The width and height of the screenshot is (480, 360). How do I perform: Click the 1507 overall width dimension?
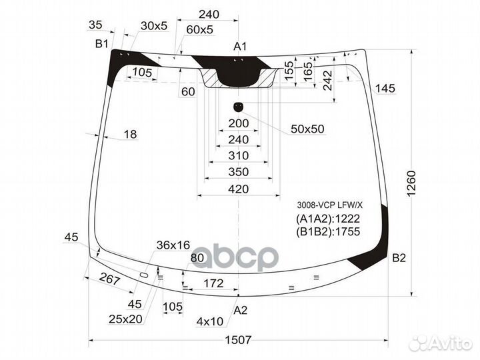[238, 340]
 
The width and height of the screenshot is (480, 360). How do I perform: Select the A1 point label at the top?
[240, 47]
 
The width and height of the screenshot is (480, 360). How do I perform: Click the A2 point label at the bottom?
[241, 310]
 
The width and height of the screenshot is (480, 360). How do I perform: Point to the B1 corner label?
[101, 44]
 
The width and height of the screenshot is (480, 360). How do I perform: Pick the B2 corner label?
[399, 258]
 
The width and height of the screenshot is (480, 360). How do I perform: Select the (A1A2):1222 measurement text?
[327, 219]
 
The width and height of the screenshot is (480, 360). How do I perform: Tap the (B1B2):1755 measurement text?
[327, 232]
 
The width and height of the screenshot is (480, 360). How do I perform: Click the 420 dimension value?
[238, 189]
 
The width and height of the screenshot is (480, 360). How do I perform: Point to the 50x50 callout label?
[307, 129]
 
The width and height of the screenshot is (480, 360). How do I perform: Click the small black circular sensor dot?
[238, 106]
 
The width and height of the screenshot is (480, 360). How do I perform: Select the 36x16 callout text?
[173, 245]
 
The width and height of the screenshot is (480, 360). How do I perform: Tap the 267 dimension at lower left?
[108, 281]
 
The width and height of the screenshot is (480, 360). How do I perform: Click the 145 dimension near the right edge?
[385, 89]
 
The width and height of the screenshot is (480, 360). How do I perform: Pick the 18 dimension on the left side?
[130, 135]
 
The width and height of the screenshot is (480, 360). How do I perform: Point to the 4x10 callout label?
[209, 322]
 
